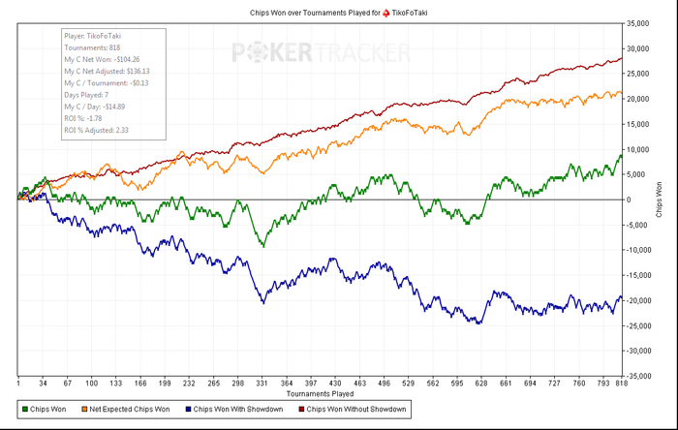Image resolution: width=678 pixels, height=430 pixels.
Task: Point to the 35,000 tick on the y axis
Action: pos(638,23)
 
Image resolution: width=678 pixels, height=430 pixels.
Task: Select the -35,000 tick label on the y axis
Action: pos(637,376)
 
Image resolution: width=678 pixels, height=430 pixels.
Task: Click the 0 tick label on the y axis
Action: pos(630,200)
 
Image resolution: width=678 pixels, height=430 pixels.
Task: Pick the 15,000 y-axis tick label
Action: pos(638,124)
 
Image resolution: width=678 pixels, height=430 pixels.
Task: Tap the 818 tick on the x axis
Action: pos(621,384)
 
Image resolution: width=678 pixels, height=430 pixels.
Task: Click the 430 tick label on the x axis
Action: pos(335,384)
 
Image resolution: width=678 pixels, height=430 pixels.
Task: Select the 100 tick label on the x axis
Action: pos(91,384)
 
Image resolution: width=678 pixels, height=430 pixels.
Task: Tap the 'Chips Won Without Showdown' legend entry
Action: pos(354,411)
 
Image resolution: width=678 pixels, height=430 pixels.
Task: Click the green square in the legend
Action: pos(23,411)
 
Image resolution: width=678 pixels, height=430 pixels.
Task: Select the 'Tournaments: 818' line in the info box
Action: pos(93,46)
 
